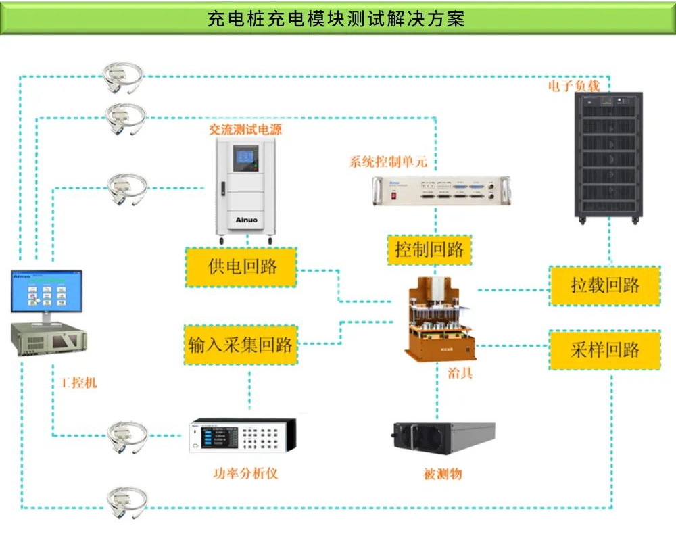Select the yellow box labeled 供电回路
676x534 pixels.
[x=242, y=266]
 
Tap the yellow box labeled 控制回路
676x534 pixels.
[x=429, y=249]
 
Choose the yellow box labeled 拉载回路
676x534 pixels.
[x=604, y=285]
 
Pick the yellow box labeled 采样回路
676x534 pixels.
[x=604, y=349]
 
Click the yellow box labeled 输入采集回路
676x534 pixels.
[x=241, y=345]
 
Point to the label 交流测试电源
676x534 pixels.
[x=245, y=129]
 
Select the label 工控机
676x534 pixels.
[x=79, y=383]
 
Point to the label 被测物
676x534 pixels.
[x=443, y=474]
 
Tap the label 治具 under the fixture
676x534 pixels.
[x=460, y=372]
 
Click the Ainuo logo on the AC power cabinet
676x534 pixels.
[x=245, y=220]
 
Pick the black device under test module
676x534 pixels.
[x=443, y=438]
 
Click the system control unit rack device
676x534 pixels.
[x=441, y=191]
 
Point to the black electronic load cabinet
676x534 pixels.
[x=608, y=155]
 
